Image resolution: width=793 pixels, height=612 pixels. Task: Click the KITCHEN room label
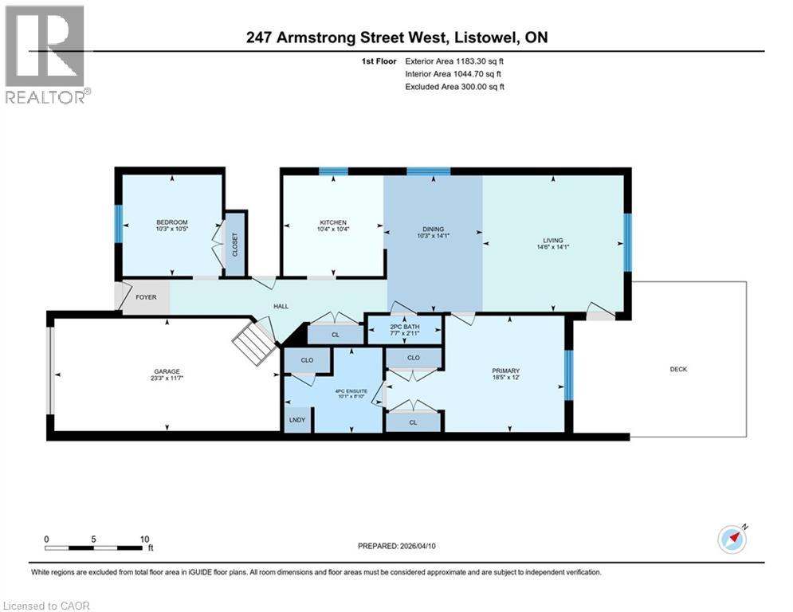[x=333, y=222]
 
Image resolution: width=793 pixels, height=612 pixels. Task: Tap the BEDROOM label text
[x=171, y=222]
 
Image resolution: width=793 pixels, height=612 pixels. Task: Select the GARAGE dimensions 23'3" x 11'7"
[x=167, y=379]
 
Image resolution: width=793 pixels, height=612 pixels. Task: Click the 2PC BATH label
[x=404, y=327]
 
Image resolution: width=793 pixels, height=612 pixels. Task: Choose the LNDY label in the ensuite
[x=297, y=418]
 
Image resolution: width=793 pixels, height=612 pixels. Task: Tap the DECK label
[x=678, y=369]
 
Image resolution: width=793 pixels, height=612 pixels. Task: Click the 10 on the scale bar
[x=144, y=539]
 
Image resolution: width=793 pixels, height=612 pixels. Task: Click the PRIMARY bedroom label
[x=505, y=371]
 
